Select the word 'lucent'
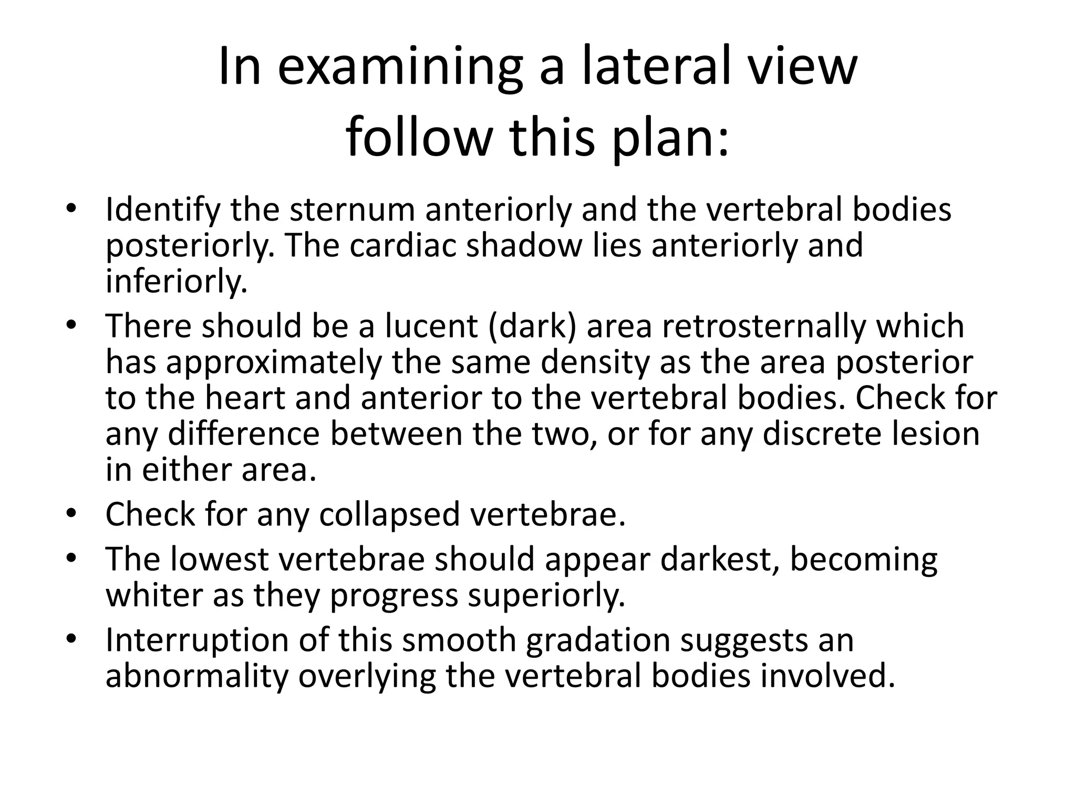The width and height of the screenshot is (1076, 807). coord(431,326)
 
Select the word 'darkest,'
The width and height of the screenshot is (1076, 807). coord(720,560)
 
